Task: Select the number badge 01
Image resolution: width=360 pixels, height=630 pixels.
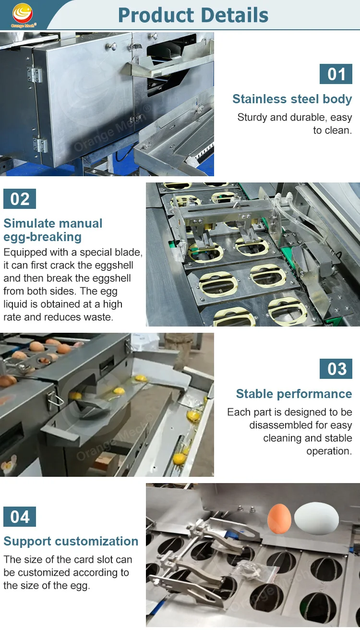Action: [x=336, y=74]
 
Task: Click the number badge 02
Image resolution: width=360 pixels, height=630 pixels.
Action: [x=20, y=199]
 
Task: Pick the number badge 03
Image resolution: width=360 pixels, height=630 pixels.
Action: [x=336, y=369]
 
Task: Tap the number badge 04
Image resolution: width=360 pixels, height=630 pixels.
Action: [x=20, y=517]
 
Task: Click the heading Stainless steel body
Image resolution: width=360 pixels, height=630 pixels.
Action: [x=292, y=99]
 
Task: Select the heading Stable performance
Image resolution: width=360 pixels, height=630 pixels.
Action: [x=294, y=394]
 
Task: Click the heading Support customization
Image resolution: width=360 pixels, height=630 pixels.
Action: [x=71, y=542]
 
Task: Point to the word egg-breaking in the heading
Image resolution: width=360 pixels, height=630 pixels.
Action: [x=42, y=237]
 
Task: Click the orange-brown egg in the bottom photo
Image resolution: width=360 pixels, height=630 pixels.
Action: [x=279, y=519]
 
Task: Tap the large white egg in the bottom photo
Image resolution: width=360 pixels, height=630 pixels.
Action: [x=316, y=519]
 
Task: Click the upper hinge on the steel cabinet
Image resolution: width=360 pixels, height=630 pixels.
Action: [x=34, y=74]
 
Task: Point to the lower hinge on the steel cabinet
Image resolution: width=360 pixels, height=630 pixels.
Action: [x=41, y=145]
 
